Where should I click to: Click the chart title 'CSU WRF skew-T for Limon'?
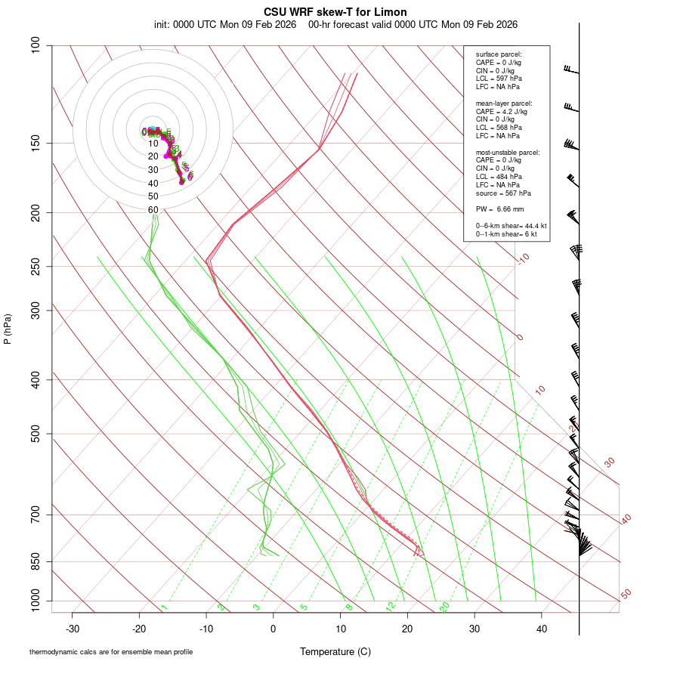[x=335, y=12]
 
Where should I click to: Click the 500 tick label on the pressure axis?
[x=36, y=434]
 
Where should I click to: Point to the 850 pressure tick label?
[x=36, y=561]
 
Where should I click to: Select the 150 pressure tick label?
[x=36, y=143]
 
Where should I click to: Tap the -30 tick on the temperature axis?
[x=73, y=629]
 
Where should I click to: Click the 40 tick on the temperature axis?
[x=541, y=629]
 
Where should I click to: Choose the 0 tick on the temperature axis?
[x=274, y=629]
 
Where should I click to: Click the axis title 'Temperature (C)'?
[x=335, y=651]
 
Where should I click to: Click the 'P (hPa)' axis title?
[x=8, y=329]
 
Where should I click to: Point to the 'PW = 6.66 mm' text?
[x=499, y=209]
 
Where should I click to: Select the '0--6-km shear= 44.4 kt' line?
[x=511, y=226]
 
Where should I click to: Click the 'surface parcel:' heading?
[x=499, y=54]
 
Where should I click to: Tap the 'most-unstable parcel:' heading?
[x=508, y=152]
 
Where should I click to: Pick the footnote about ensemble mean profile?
[x=111, y=651]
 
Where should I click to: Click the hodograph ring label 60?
[x=153, y=210]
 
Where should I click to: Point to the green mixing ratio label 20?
[x=444, y=606]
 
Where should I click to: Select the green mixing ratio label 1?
[x=164, y=607]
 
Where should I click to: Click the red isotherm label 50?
[x=626, y=594]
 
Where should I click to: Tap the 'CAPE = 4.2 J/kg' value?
[x=502, y=111]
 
